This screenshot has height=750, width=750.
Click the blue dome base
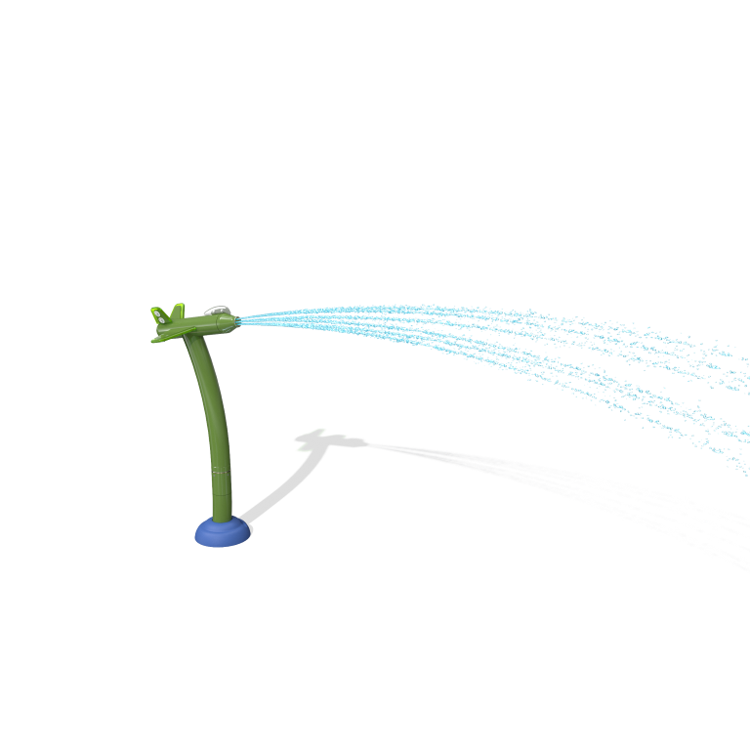(223, 533)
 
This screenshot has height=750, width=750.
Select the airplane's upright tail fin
(177, 312)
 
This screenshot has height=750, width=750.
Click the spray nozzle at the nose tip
(238, 319)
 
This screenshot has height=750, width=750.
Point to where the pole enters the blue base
(223, 520)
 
